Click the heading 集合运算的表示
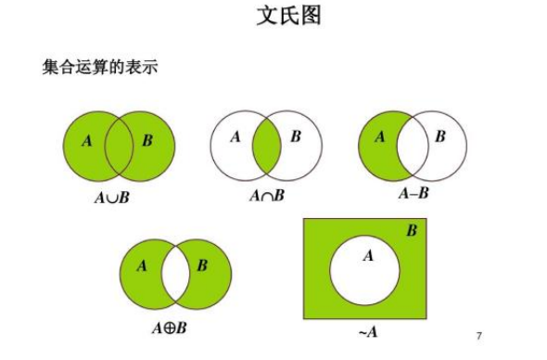102,67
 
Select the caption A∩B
267,197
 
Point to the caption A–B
413,194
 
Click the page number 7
479,335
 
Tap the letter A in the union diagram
87,141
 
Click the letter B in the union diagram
147,141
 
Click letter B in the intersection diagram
296,137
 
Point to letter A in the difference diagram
379,137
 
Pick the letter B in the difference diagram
439,137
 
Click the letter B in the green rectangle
411,230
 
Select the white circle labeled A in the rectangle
365,268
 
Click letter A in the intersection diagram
235,137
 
